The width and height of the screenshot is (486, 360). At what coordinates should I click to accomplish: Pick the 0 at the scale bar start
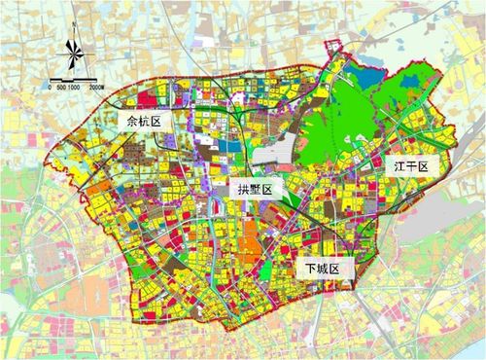(49, 87)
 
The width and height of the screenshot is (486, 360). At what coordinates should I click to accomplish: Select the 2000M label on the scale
(104, 87)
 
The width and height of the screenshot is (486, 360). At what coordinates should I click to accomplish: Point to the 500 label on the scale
(61, 87)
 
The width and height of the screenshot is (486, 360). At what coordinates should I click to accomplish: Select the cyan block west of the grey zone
(226, 146)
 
